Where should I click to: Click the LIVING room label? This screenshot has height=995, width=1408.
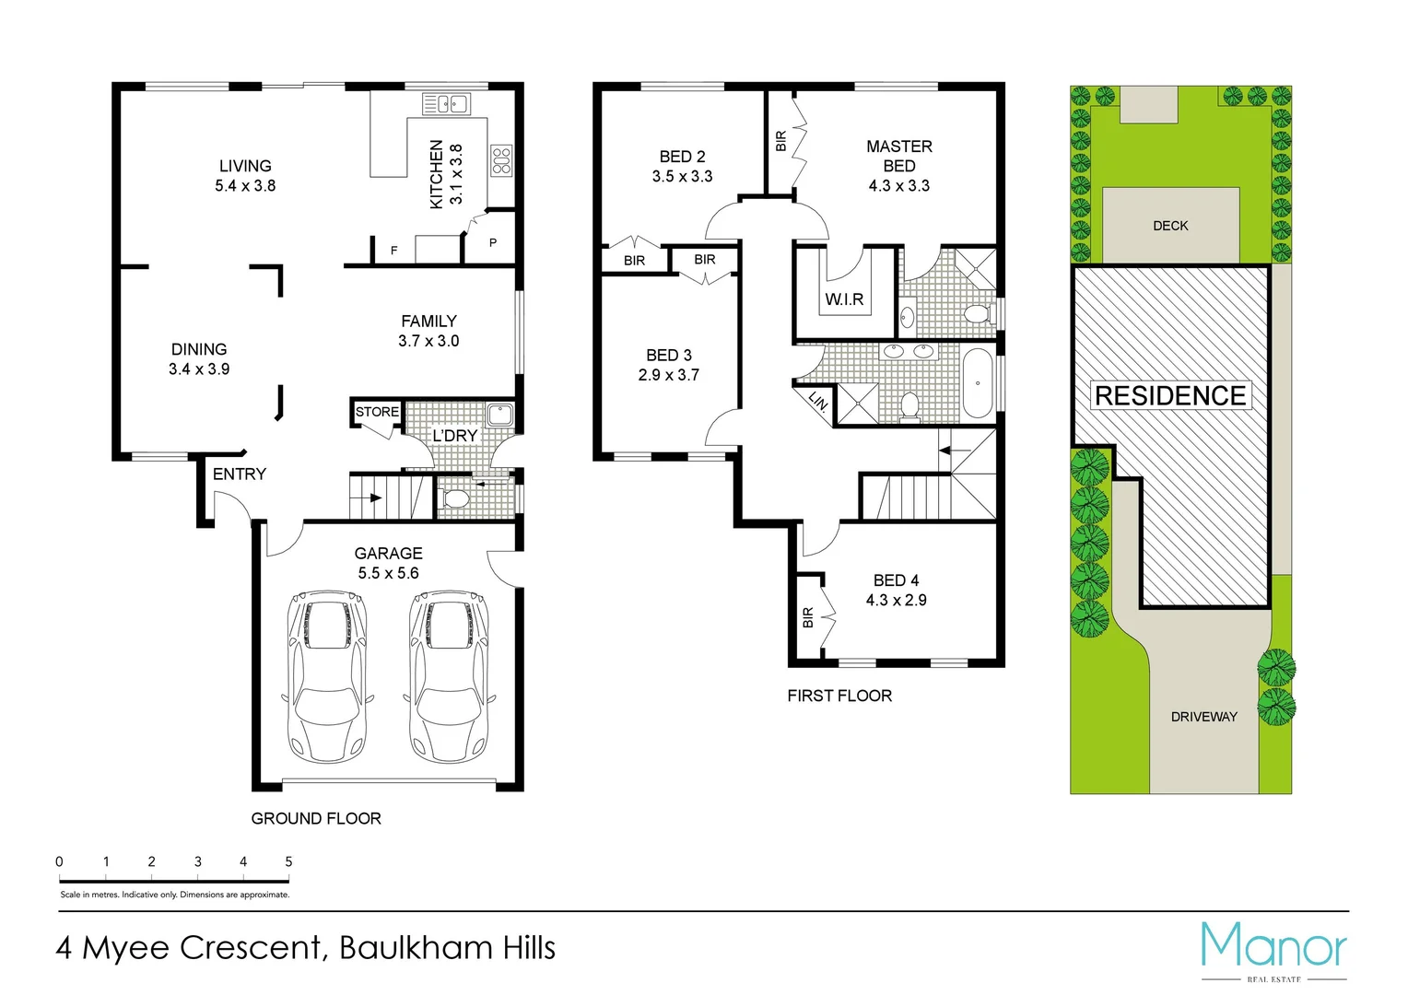245,166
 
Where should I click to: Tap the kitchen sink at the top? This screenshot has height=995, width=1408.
447,104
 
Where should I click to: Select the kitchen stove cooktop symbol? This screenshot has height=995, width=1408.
501,160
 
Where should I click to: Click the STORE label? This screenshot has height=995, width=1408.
377,412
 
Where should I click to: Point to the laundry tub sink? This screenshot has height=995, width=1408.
499,415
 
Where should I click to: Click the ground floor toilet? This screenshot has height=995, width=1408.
454,499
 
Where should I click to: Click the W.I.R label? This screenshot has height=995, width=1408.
844,299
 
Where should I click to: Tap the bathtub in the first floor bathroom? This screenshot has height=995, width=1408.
978,383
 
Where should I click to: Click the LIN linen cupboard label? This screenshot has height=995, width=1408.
817,401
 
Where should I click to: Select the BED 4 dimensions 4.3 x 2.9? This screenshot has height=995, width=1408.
896,600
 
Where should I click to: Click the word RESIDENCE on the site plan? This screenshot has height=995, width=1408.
1170,395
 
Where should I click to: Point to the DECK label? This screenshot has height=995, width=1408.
1170,226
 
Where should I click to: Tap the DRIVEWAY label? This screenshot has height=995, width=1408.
1203,717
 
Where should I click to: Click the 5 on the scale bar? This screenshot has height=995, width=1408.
288,861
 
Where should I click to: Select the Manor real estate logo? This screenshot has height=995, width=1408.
1273,949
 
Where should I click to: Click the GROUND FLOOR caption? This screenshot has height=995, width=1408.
316,818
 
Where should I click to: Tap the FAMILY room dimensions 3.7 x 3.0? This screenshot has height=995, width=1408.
428,341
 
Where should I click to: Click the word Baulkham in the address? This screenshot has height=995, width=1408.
415,948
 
